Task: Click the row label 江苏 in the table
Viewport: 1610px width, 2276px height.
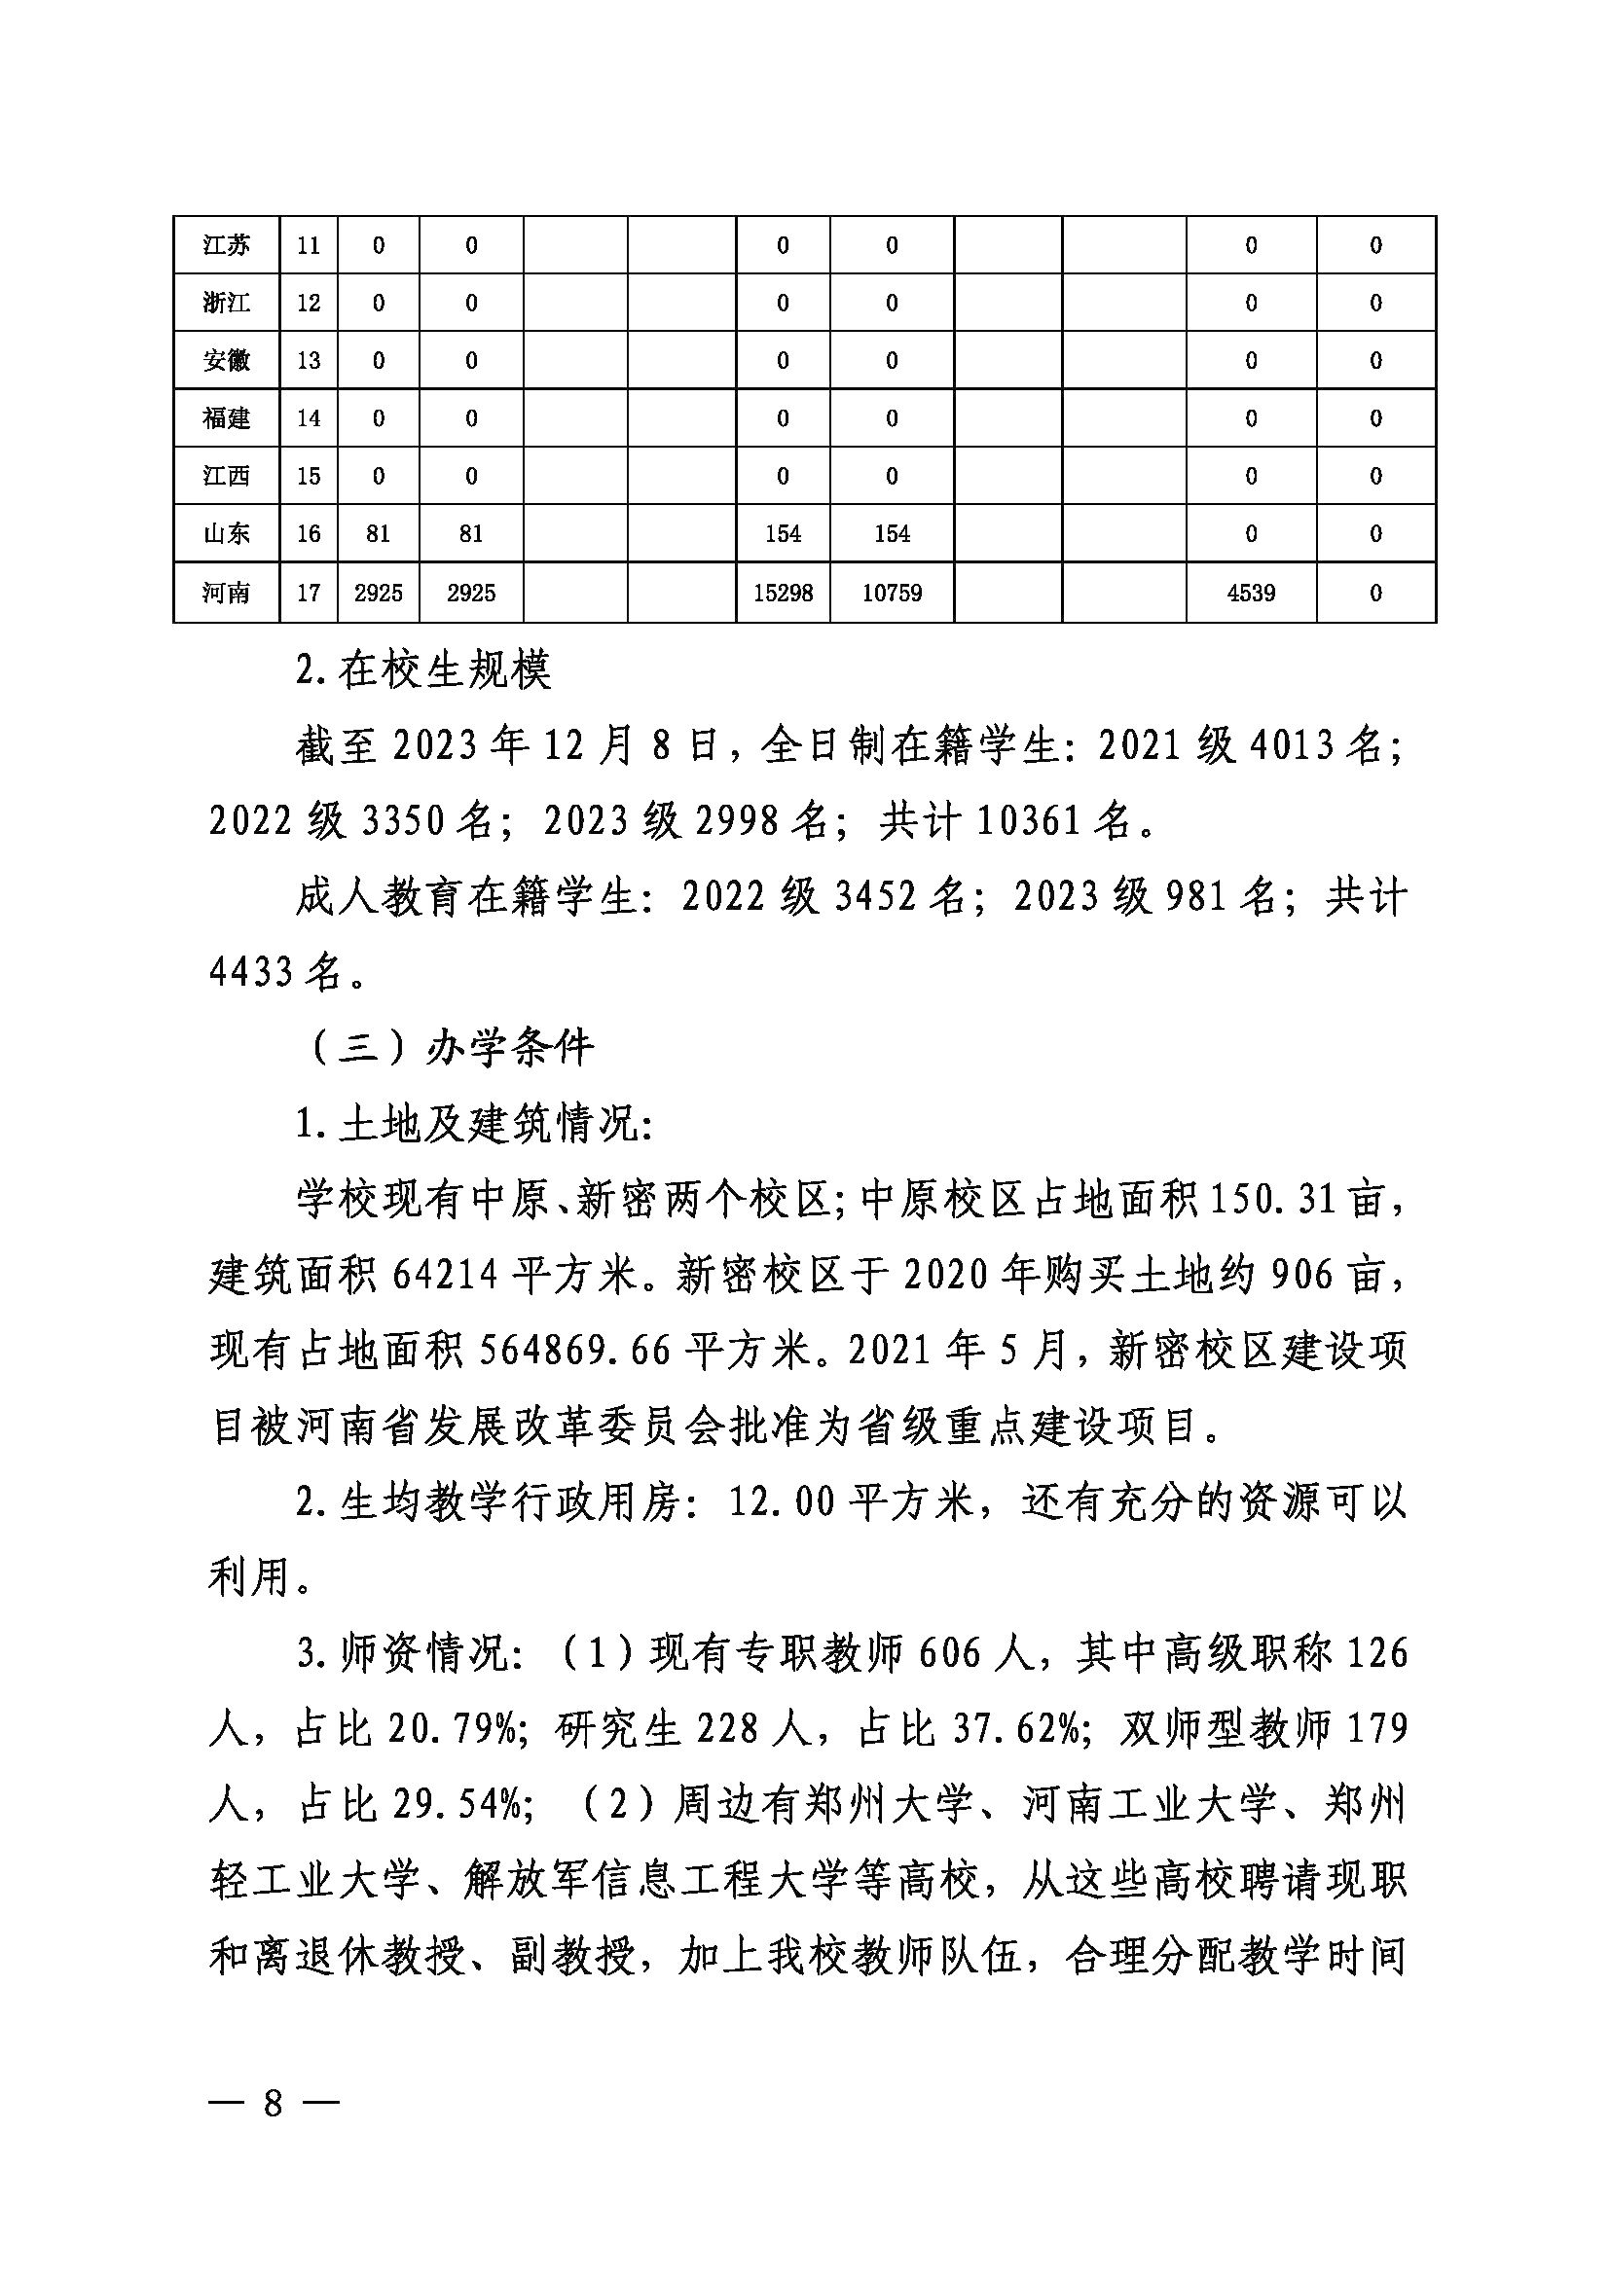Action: coord(226,245)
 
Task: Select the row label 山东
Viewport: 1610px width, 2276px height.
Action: coord(226,534)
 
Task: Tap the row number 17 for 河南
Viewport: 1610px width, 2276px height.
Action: coord(309,593)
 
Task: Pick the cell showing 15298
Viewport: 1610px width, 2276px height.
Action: coord(784,593)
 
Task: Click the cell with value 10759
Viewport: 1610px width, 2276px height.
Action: coord(893,593)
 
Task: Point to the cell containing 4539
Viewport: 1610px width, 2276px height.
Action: coord(1251,593)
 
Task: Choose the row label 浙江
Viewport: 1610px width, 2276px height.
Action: coord(226,303)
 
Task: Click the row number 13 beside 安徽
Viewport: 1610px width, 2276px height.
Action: coord(309,360)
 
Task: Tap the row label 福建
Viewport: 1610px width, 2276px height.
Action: coord(226,418)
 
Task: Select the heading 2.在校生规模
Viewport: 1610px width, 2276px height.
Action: coord(423,673)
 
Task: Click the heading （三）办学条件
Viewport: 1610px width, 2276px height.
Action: coord(452,1049)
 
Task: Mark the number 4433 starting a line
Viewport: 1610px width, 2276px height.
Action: coord(251,973)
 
